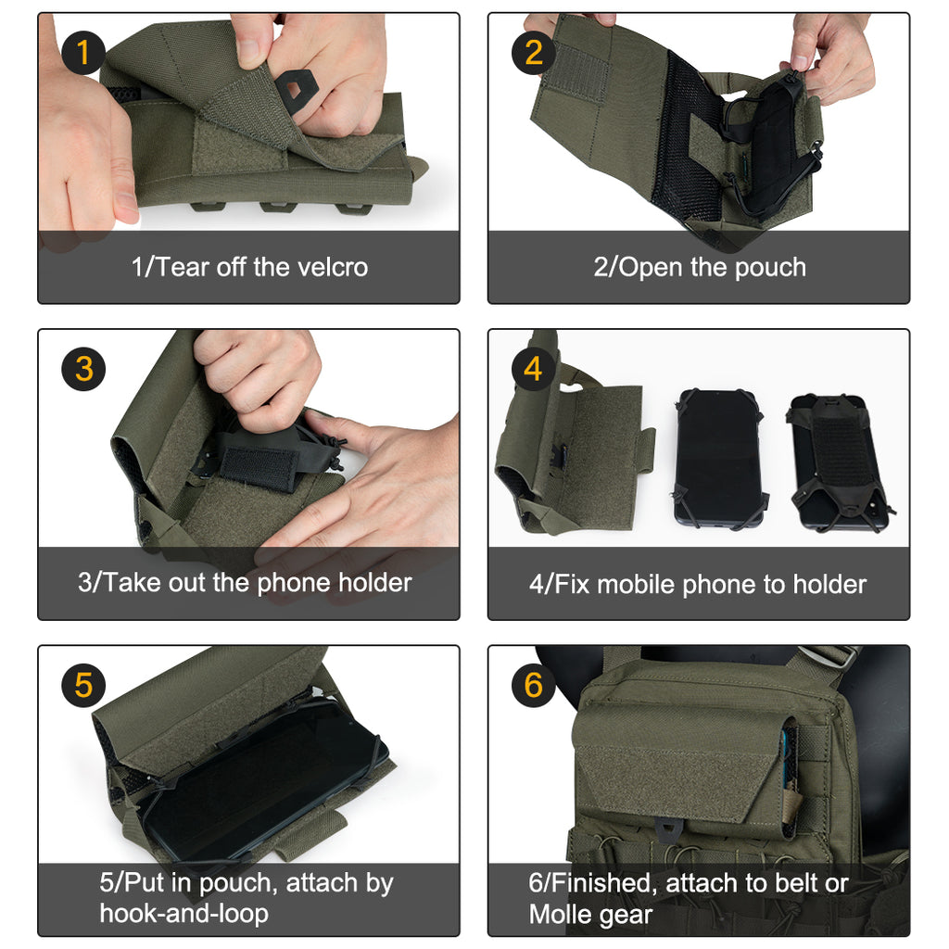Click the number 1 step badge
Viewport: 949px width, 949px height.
click(83, 53)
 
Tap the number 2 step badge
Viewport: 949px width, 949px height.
click(534, 53)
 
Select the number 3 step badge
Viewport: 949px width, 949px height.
click(83, 370)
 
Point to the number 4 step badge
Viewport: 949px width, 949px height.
click(533, 370)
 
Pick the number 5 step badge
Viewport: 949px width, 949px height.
click(83, 686)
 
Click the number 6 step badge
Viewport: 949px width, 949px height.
click(534, 686)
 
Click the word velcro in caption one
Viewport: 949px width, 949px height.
click(332, 268)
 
